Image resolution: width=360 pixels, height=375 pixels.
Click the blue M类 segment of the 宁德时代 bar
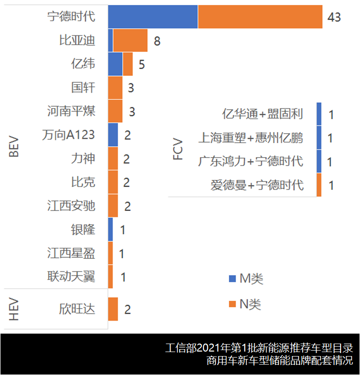coord(153,17)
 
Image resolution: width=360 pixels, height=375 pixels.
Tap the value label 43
coord(334,17)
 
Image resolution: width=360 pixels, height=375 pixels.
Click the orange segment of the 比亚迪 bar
coord(130,40)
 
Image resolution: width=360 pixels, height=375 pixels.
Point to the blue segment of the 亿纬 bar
coord(115,64)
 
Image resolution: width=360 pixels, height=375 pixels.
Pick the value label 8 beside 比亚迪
coord(157,41)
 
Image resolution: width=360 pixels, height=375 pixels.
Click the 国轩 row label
coord(83,88)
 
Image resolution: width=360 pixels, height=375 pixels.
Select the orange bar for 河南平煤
coord(115,111)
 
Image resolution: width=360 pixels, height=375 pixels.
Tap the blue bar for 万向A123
coord(113,135)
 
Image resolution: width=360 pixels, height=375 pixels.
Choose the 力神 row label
coord(83,159)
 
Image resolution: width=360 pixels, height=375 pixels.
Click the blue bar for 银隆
coord(110,229)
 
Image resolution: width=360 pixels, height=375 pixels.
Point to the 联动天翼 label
coord(71,276)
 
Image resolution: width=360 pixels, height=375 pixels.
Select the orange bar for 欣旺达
coord(113,309)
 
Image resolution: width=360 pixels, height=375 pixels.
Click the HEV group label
coord(14,309)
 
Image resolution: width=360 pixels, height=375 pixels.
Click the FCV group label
coord(178,150)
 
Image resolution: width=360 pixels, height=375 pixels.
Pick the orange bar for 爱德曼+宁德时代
coord(319,185)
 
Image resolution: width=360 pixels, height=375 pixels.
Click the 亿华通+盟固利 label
coord(262,114)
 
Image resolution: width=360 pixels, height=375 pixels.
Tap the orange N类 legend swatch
coord(232,304)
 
